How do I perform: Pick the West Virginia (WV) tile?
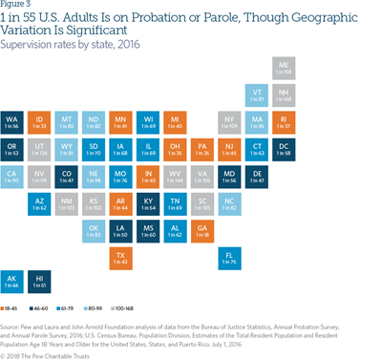pos(175,175)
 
